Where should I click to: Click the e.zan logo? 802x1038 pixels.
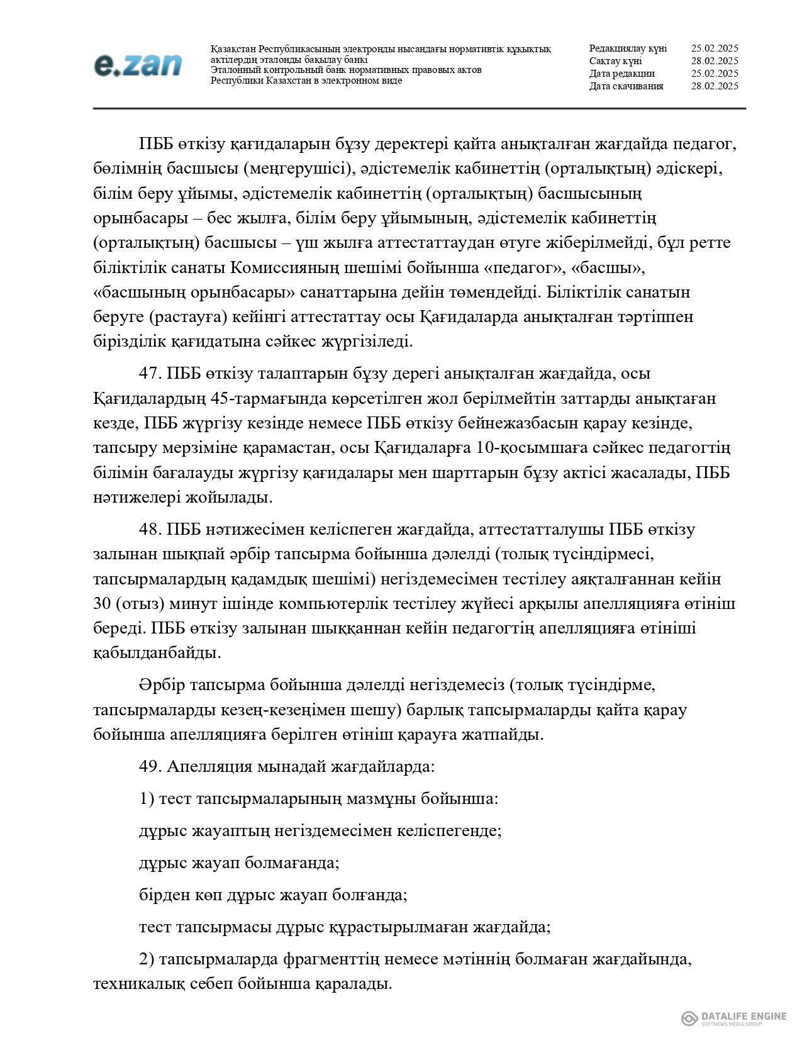(137, 65)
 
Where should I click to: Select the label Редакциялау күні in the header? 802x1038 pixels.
(628, 48)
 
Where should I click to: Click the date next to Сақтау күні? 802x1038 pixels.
(714, 61)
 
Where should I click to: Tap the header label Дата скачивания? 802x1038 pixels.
(626, 86)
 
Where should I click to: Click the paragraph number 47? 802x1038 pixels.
(150, 374)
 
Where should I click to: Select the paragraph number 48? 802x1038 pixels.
(150, 530)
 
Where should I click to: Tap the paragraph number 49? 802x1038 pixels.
(150, 767)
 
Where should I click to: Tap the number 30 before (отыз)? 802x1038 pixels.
(101, 604)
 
